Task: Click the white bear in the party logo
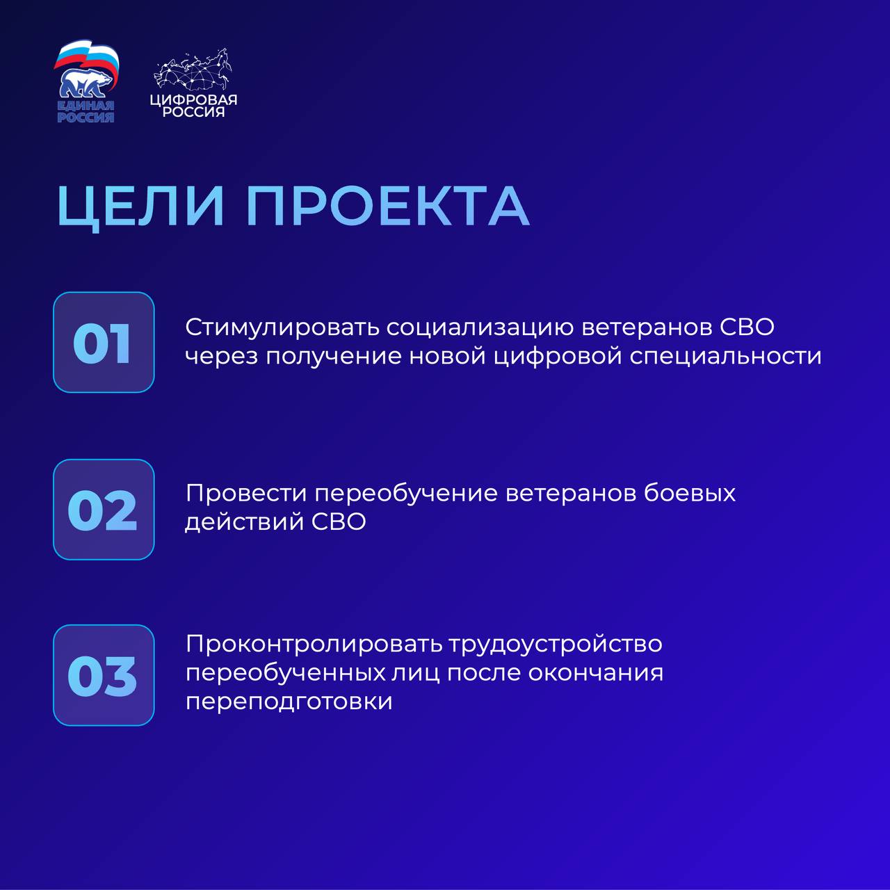pos(86,84)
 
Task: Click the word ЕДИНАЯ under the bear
pos(86,106)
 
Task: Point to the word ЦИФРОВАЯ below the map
pos(193,100)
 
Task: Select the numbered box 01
pos(104,342)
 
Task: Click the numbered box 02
pos(104,510)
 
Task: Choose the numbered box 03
pos(104,675)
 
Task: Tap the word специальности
pos(725,357)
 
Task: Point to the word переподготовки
pos(289,702)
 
